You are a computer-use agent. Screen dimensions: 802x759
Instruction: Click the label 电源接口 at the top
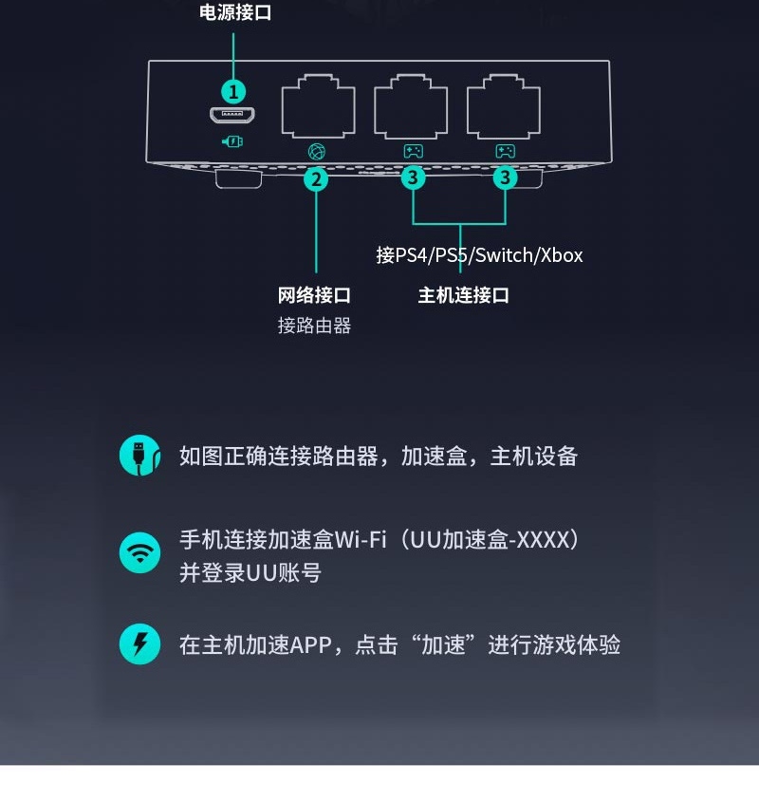pyautogui.click(x=235, y=12)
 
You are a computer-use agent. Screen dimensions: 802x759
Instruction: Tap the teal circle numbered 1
pyautogui.click(x=233, y=91)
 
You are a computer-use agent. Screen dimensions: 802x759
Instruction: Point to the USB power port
pyautogui.click(x=233, y=117)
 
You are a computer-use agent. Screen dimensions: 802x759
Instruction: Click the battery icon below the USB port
pyautogui.click(x=233, y=141)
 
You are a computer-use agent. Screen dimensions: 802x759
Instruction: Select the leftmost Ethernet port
pyautogui.click(x=318, y=107)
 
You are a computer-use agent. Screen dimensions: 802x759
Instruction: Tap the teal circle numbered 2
pyautogui.click(x=316, y=177)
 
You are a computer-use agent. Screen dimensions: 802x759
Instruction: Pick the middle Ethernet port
pyautogui.click(x=411, y=107)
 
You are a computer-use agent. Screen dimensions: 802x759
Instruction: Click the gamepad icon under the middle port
pyautogui.click(x=413, y=151)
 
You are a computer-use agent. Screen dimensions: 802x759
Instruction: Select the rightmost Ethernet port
pyautogui.click(x=503, y=107)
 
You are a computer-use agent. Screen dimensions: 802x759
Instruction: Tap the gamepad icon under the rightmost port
pyautogui.click(x=505, y=151)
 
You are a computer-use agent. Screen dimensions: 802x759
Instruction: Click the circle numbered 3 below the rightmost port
pyautogui.click(x=505, y=177)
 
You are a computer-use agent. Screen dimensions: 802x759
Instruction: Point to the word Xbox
pyautogui.click(x=562, y=255)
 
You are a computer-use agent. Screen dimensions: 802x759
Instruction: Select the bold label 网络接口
pyautogui.click(x=314, y=295)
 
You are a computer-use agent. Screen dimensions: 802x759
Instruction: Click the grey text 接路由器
pyautogui.click(x=314, y=326)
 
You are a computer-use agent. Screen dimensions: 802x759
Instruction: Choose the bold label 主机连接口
pyautogui.click(x=464, y=295)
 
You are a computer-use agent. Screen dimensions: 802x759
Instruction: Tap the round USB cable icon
pyautogui.click(x=139, y=457)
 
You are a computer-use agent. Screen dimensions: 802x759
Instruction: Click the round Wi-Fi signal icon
pyautogui.click(x=139, y=552)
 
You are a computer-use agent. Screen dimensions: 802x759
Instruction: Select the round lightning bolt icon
pyautogui.click(x=139, y=645)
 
